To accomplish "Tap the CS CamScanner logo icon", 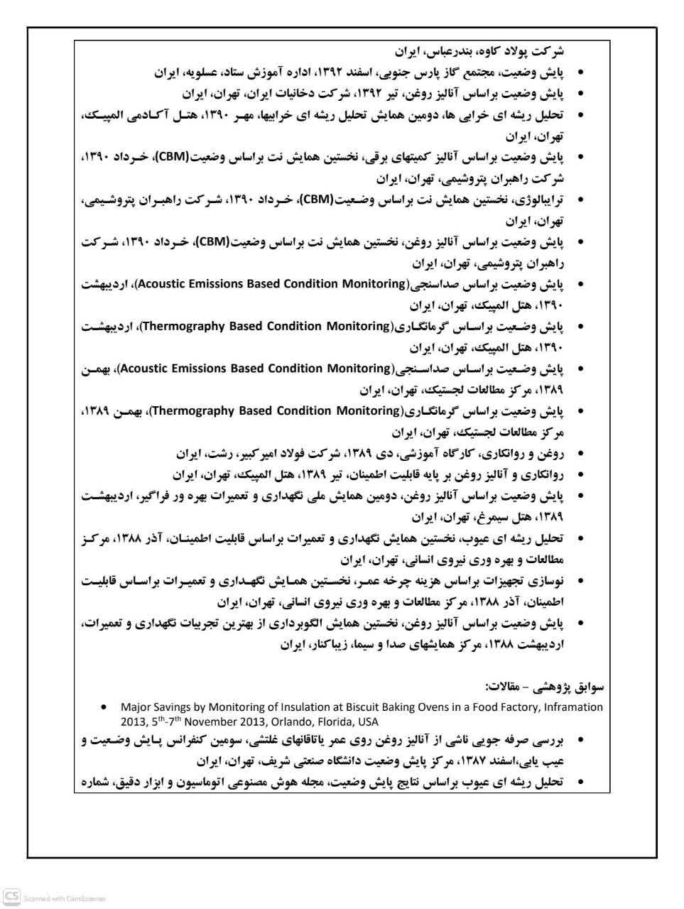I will click(11, 896).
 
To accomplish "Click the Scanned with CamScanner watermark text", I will click(65, 898).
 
